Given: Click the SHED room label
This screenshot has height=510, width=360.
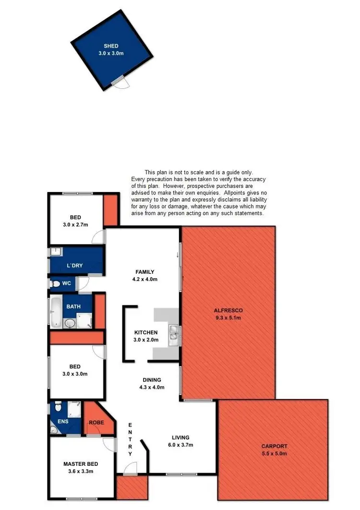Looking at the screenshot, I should point(111,47).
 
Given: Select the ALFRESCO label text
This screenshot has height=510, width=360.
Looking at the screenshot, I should point(228,311).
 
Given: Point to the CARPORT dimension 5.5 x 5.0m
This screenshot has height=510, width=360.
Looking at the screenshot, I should point(274,453).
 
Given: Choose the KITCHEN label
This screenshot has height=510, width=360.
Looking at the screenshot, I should point(146,332).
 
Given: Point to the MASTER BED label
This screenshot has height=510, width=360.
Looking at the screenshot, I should point(81,464).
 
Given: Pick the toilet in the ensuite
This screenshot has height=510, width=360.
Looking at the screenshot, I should point(58,407).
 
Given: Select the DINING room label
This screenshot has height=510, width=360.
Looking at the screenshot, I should point(152,380).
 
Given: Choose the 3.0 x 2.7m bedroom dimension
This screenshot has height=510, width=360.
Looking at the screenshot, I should point(75,224).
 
